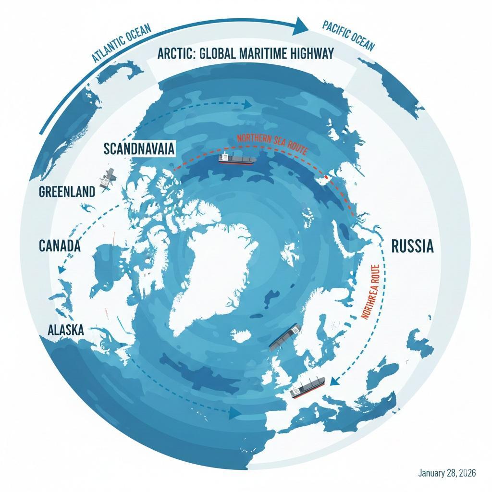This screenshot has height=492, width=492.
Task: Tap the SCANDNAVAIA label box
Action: (139, 148)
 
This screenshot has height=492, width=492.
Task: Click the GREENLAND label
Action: (66, 192)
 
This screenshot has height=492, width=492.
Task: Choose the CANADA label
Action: (59, 246)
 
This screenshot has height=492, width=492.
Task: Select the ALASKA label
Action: (66, 330)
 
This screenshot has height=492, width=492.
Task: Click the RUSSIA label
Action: (412, 246)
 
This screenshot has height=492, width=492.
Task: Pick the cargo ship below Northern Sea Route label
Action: (236, 159)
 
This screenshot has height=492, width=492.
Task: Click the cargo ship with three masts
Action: (307, 387)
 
